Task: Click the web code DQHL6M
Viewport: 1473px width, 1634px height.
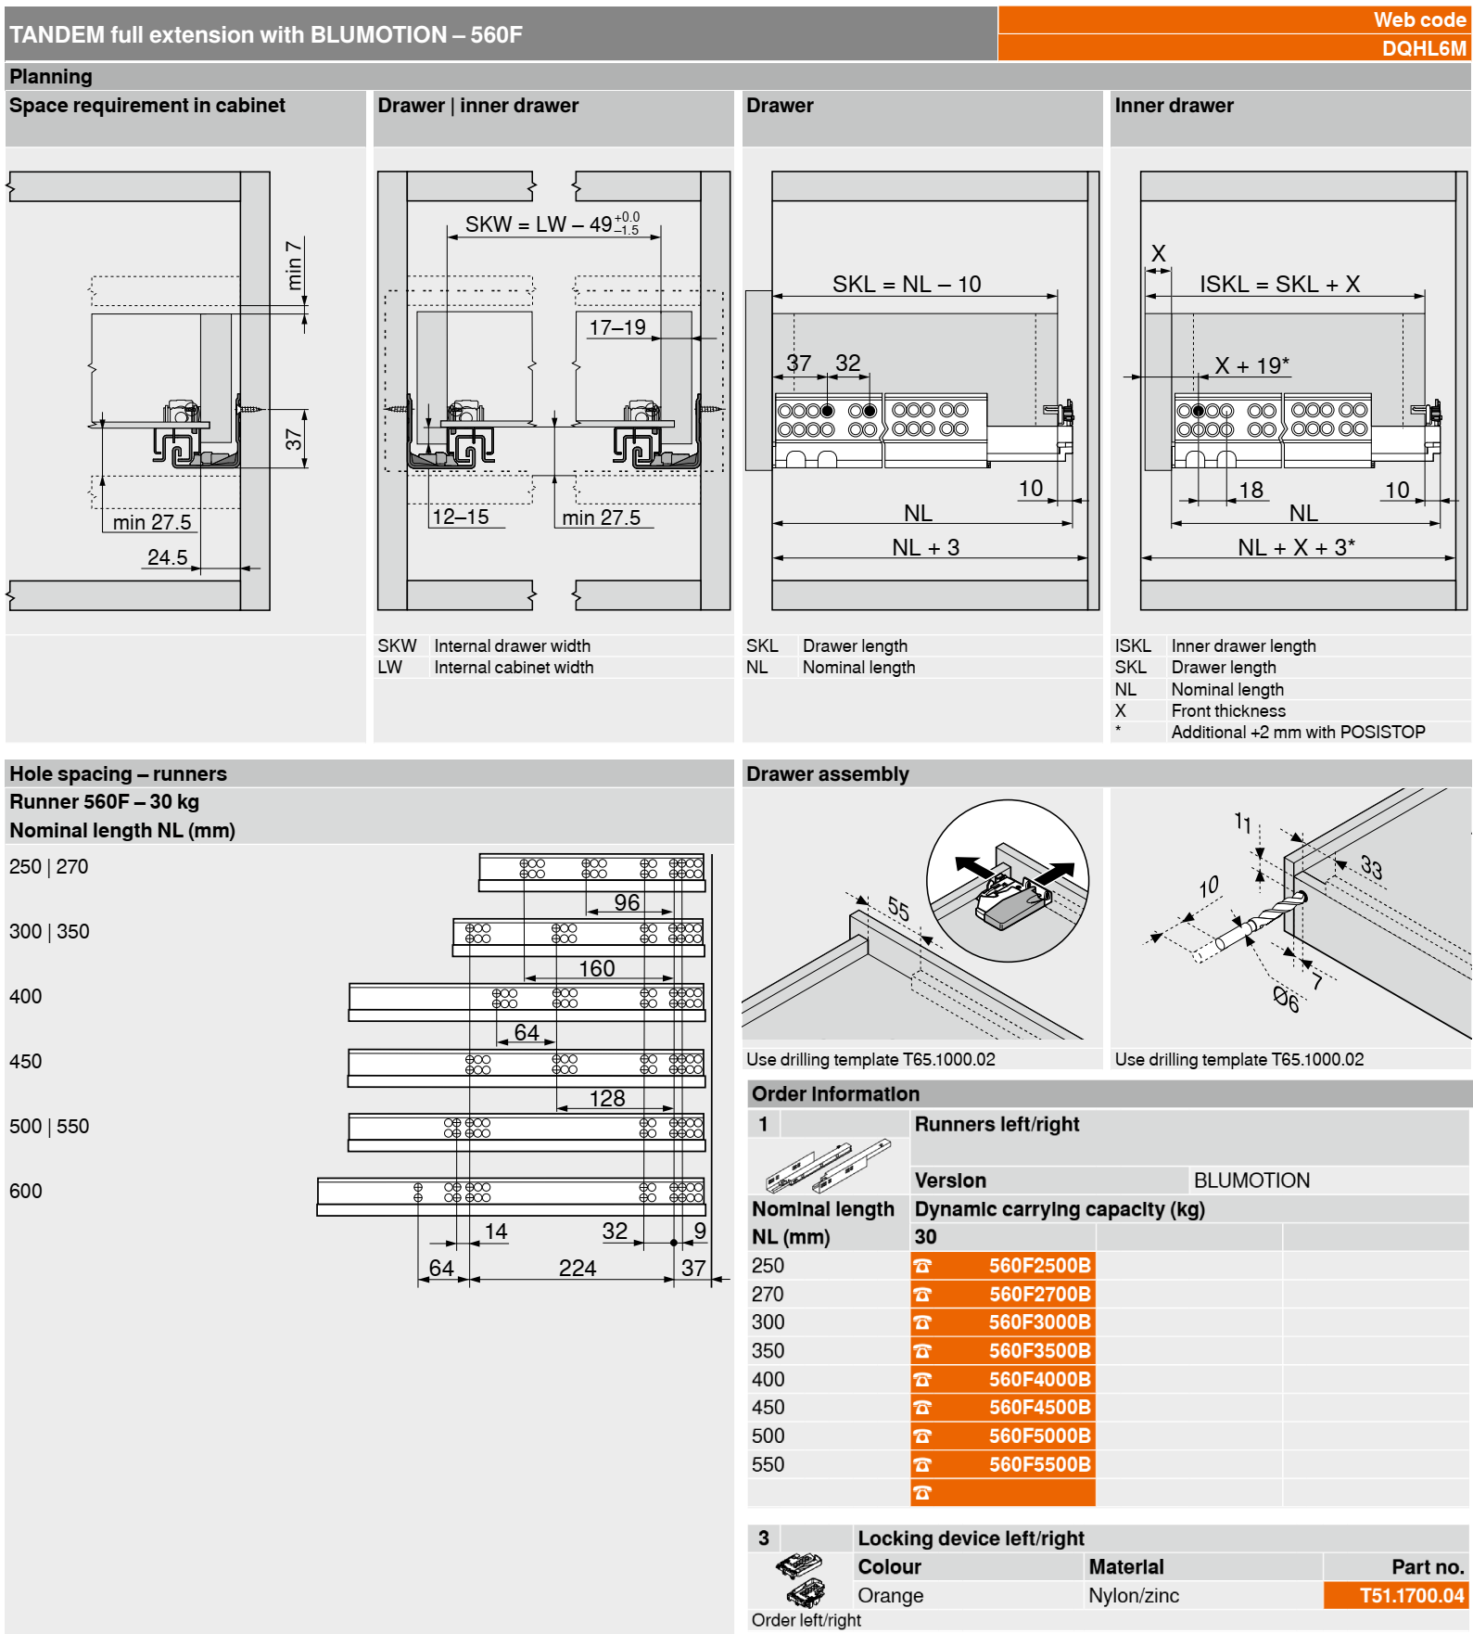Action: pyautogui.click(x=1423, y=48)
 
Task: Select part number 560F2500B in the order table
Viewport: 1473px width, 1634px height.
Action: pyautogui.click(x=1039, y=1266)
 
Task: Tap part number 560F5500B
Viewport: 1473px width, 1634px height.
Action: pyautogui.click(x=1039, y=1465)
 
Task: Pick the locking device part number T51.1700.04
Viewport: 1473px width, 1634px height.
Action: pyautogui.click(x=1411, y=1596)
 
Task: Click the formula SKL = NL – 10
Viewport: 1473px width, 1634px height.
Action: pyautogui.click(x=906, y=285)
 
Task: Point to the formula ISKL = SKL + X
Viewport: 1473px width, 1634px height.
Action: pyautogui.click(x=1279, y=285)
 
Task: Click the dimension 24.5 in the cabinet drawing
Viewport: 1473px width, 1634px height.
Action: pyautogui.click(x=167, y=557)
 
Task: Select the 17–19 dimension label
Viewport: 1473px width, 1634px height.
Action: pyautogui.click(x=617, y=327)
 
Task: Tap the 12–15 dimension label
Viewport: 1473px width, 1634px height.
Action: pyautogui.click(x=461, y=517)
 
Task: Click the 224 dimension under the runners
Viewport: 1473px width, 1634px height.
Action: pyautogui.click(x=577, y=1269)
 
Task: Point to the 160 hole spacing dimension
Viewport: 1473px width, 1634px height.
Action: pyautogui.click(x=596, y=969)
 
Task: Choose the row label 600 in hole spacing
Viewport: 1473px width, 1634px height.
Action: pyautogui.click(x=26, y=1192)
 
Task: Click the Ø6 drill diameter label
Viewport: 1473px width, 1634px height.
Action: pyautogui.click(x=1286, y=1000)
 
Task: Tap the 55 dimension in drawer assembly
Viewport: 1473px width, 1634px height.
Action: pyautogui.click(x=897, y=908)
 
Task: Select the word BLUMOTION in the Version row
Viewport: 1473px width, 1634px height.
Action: pyautogui.click(x=1251, y=1181)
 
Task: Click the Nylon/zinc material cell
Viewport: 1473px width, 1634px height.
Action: pyautogui.click(x=1134, y=1596)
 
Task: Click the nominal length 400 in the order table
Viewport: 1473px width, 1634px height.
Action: pyautogui.click(x=768, y=1380)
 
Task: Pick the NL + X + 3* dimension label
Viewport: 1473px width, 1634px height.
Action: pyautogui.click(x=1296, y=548)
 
